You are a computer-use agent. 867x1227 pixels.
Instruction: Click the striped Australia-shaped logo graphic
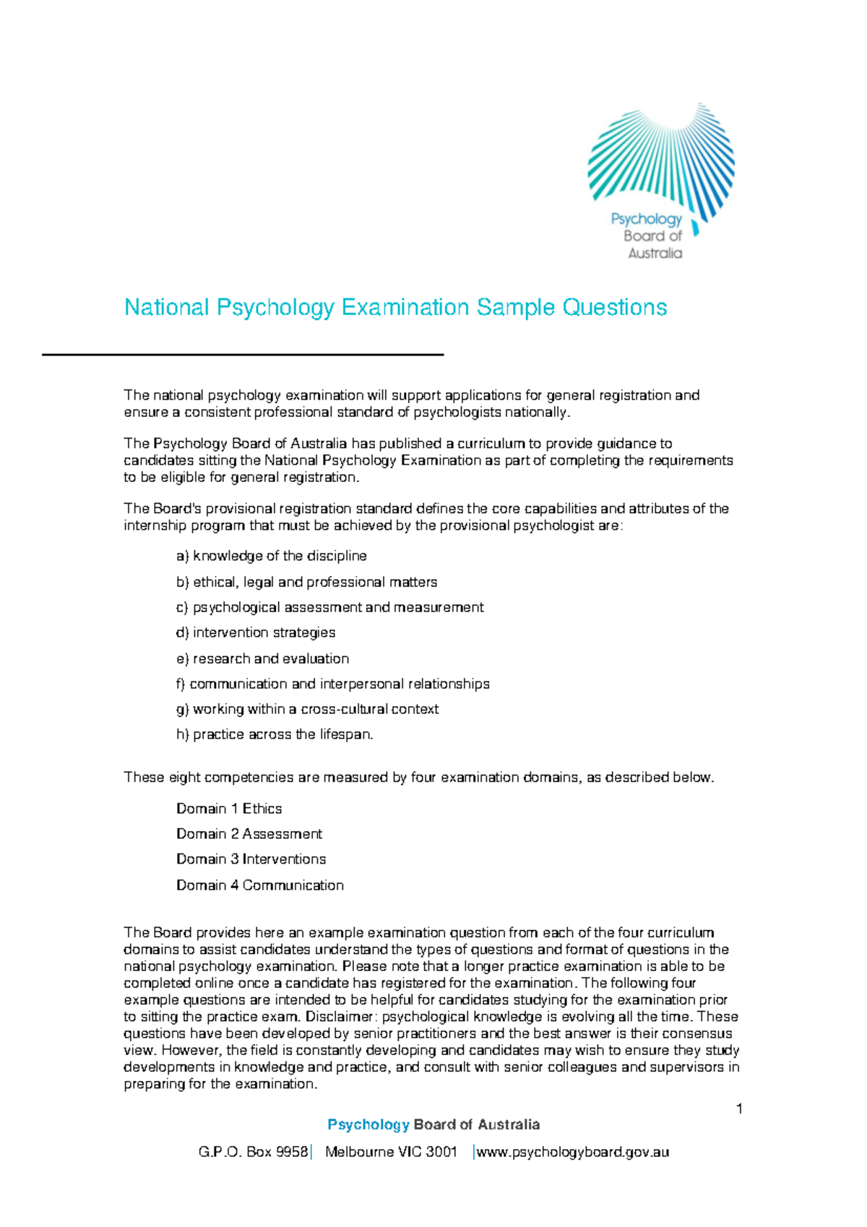(661, 155)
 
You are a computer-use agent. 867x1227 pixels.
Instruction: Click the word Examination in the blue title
(405, 308)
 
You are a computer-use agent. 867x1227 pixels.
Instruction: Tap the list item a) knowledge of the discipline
(272, 556)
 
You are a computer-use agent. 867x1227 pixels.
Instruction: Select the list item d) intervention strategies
(256, 633)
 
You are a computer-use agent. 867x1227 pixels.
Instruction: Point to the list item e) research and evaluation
(263, 659)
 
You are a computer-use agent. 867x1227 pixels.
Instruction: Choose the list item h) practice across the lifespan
(275, 735)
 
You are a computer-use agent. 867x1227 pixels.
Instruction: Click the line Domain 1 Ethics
(229, 809)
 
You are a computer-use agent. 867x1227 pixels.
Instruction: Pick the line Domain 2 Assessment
(249, 835)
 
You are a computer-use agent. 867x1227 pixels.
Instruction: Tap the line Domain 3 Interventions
(251, 860)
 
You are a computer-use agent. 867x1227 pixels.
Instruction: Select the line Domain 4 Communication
(260, 886)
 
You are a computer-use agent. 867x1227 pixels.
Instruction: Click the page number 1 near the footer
(739, 1109)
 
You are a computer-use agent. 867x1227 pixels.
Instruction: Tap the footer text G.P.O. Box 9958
(253, 1153)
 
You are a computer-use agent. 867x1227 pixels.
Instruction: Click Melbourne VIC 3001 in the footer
(391, 1153)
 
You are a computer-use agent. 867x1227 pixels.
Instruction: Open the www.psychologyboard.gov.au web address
(572, 1153)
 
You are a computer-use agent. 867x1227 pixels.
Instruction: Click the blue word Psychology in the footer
(368, 1125)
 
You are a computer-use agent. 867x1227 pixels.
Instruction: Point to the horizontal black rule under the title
(242, 355)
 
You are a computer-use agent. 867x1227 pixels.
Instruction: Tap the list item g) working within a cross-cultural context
(308, 710)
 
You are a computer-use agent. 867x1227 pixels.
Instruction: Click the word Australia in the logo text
(655, 254)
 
